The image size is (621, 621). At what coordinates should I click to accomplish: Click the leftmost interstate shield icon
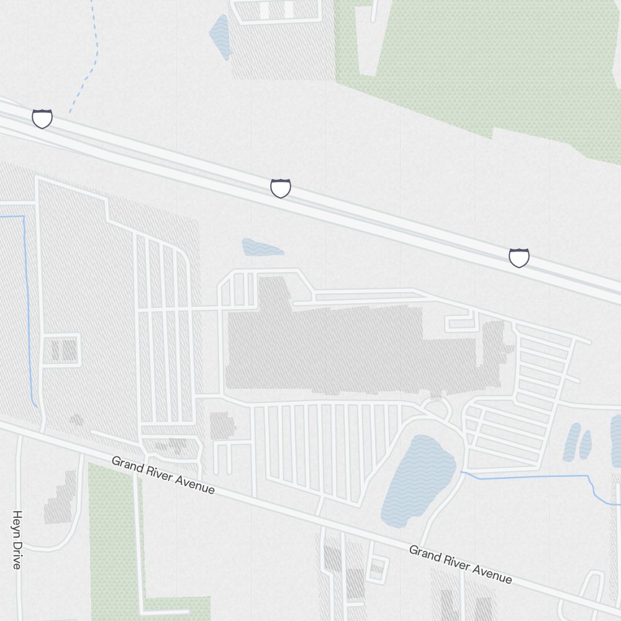(x=42, y=118)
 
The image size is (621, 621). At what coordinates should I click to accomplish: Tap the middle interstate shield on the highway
(x=281, y=188)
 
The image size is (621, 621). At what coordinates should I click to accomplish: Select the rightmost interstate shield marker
(x=519, y=257)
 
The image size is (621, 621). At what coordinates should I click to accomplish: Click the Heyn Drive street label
(x=17, y=540)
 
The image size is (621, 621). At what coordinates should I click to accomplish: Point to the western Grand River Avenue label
(x=163, y=476)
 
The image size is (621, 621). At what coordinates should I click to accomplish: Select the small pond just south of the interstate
(x=261, y=248)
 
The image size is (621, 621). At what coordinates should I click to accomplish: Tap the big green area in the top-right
(x=497, y=62)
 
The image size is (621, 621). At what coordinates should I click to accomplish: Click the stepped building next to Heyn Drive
(x=61, y=497)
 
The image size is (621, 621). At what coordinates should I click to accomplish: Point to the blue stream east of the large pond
(x=528, y=477)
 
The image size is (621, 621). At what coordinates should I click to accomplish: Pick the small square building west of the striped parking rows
(x=222, y=426)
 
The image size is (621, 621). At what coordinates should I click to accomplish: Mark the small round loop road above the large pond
(x=438, y=407)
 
